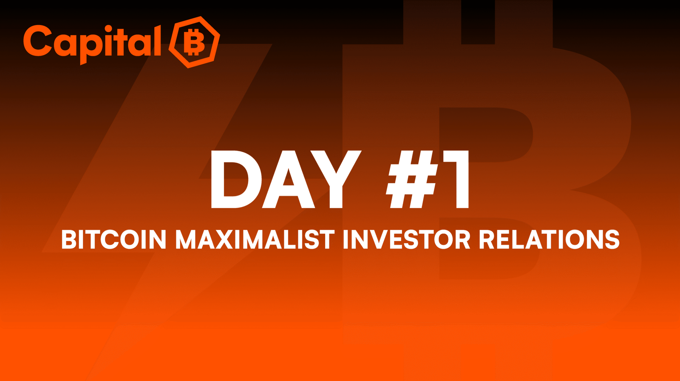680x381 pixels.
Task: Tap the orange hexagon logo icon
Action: click(194, 42)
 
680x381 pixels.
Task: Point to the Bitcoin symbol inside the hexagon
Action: click(194, 42)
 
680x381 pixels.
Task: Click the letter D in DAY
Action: click(236, 179)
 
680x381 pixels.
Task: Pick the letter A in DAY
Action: click(289, 179)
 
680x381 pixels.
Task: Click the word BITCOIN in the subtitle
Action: click(114, 239)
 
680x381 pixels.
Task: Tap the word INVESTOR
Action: click(407, 239)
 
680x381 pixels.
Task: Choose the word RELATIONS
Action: click(549, 239)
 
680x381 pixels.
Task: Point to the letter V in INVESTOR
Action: click(375, 239)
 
